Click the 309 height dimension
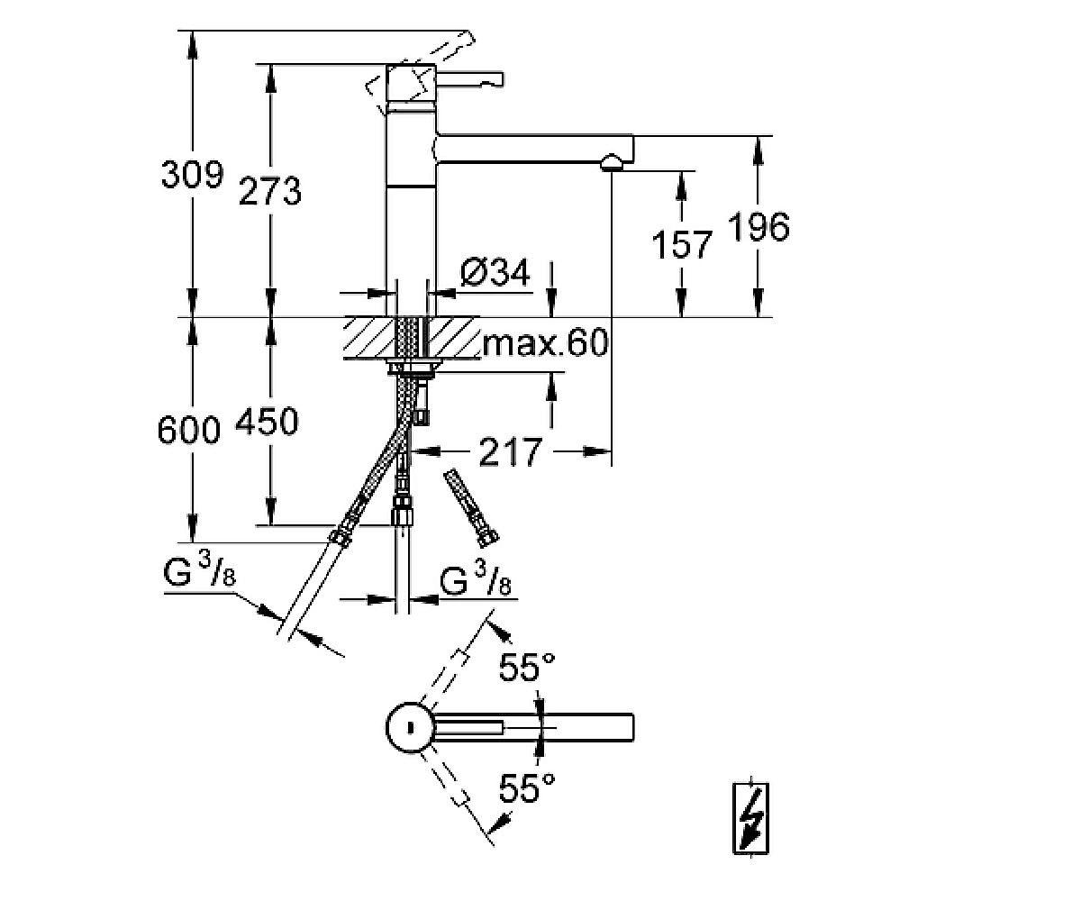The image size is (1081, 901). (x=191, y=173)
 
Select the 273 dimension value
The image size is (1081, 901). (x=270, y=191)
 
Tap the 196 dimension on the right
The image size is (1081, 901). (x=759, y=227)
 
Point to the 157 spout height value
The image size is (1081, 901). (x=682, y=243)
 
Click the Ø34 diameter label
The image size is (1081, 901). (x=495, y=272)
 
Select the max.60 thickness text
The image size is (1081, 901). (x=545, y=343)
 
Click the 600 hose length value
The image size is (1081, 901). (x=189, y=430)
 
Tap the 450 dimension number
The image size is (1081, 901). (x=268, y=421)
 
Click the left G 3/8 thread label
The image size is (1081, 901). (x=201, y=574)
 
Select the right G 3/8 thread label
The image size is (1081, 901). (x=477, y=583)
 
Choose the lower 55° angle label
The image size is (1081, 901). (x=527, y=789)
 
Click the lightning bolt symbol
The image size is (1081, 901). (x=749, y=815)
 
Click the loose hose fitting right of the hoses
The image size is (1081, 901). (x=471, y=506)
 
